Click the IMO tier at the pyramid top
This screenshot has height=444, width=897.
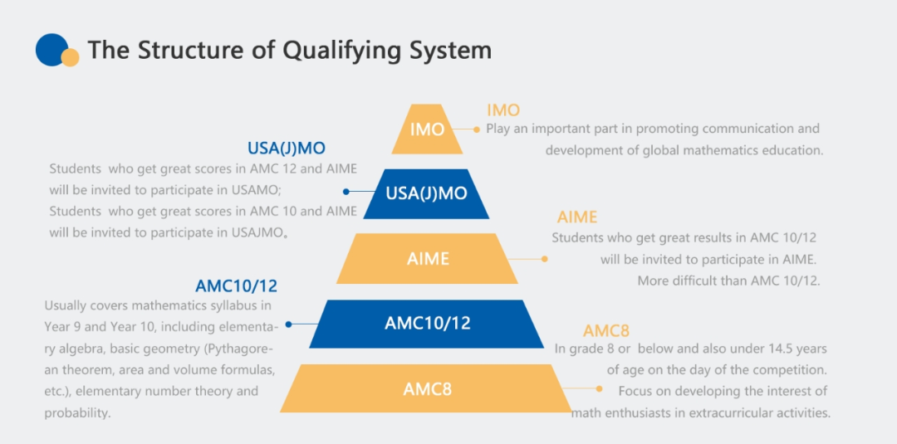[x=428, y=129]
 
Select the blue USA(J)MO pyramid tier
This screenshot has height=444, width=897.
[x=427, y=193]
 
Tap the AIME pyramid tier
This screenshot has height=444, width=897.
[x=428, y=259]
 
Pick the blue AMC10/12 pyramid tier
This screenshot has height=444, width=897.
[x=428, y=324]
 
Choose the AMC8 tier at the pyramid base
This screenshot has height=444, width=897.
[x=427, y=388]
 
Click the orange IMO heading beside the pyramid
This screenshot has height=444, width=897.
[x=503, y=110]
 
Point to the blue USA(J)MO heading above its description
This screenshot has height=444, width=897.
[x=286, y=149]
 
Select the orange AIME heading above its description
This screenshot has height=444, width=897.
[x=576, y=217]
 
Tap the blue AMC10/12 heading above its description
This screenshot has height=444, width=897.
[x=236, y=285]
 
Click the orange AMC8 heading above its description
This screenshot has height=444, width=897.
[x=605, y=331]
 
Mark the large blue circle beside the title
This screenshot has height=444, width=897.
[x=51, y=50]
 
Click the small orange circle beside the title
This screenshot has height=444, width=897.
[x=71, y=58]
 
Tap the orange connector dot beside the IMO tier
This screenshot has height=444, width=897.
[x=477, y=129]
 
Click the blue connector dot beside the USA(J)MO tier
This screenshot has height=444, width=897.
[x=346, y=192]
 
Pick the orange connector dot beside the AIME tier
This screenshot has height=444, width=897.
[x=545, y=259]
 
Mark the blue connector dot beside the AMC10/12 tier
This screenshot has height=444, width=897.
[x=288, y=324]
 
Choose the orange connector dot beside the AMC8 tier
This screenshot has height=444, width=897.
[x=599, y=388]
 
